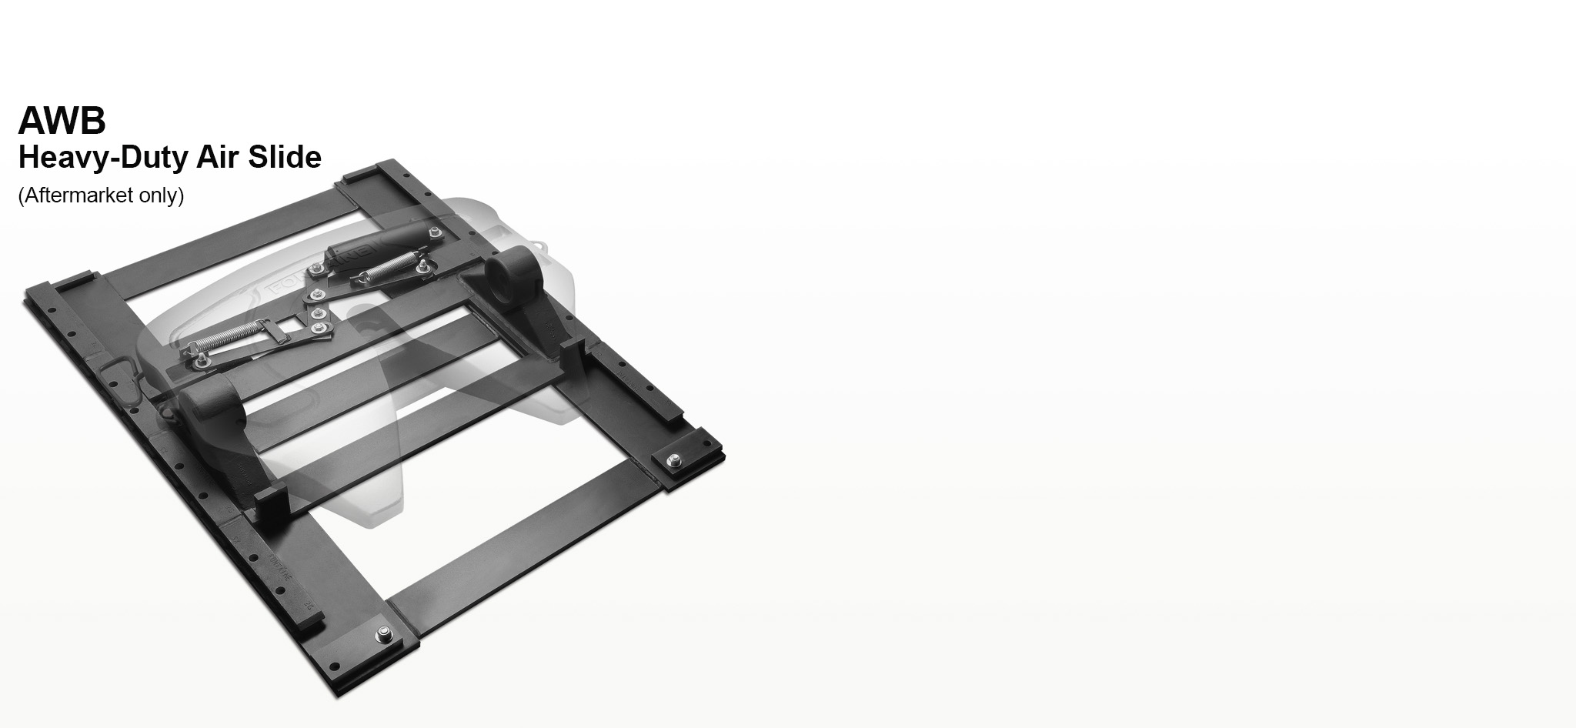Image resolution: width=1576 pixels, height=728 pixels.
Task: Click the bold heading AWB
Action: (x=62, y=120)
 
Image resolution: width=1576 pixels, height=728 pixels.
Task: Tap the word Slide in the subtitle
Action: (x=284, y=157)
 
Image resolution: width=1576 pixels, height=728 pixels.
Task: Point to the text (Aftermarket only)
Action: (x=101, y=195)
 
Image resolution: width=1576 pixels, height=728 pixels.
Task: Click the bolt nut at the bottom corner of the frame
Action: (x=382, y=635)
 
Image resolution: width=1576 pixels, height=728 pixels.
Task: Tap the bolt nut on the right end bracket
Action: (x=675, y=460)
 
